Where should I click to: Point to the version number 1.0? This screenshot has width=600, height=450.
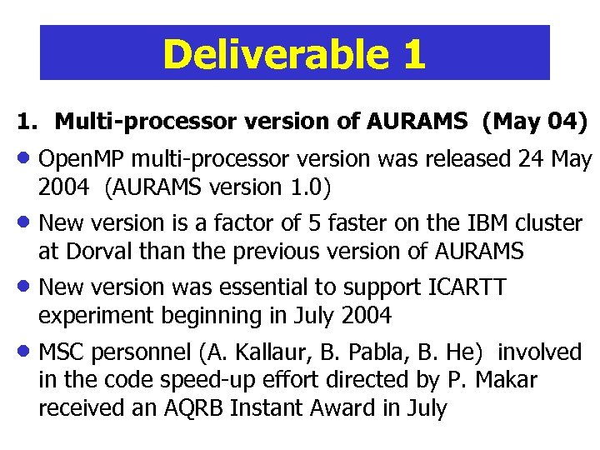click(x=312, y=187)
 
